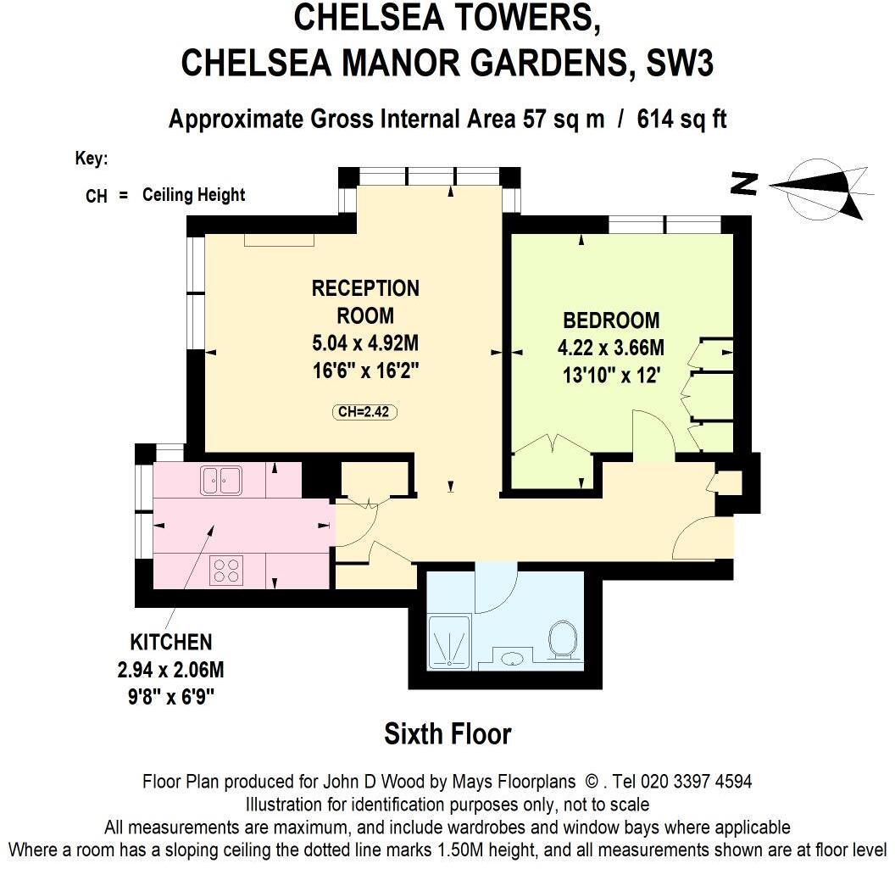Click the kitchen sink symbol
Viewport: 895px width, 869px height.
221,481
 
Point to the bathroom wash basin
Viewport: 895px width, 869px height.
511,658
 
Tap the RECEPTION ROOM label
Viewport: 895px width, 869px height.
365,302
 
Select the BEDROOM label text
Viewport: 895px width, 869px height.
611,320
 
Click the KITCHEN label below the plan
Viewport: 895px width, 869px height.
170,641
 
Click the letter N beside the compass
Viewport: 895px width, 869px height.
744,184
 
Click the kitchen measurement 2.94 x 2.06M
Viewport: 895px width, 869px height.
170,671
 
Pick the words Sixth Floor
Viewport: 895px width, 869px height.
447,733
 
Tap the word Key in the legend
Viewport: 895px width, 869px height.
91,159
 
